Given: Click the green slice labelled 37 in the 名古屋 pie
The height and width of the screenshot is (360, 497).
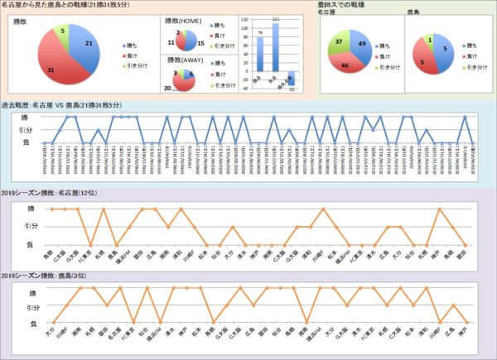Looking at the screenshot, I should coord(341,42).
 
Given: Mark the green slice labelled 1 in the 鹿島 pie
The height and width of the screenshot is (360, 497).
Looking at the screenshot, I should coord(432,39).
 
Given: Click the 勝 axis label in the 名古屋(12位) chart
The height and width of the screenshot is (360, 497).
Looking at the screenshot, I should coord(31,209).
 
